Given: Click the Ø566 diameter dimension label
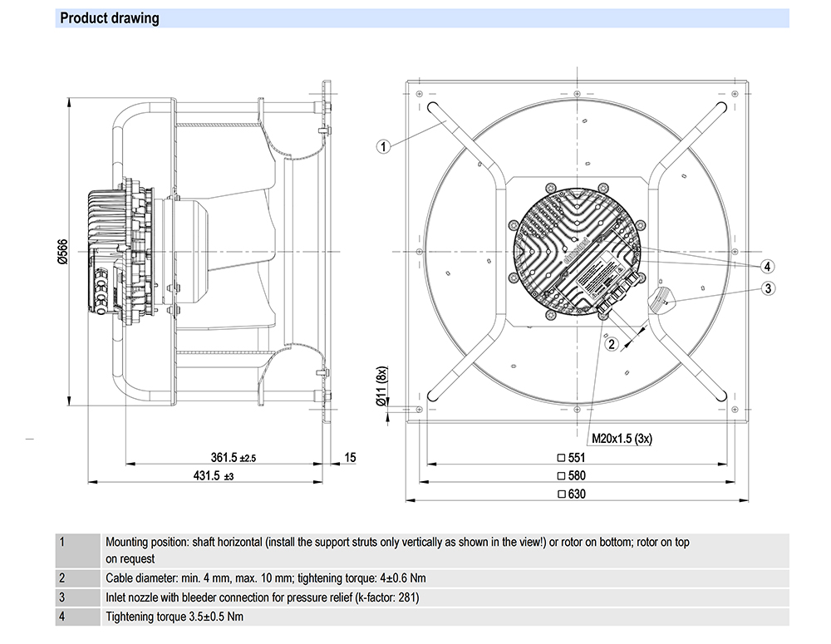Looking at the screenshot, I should [x=61, y=249].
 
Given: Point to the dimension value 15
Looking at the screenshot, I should [x=350, y=457].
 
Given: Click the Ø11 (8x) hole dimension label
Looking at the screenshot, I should [x=383, y=386].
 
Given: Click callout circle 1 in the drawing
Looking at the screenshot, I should [x=383, y=147].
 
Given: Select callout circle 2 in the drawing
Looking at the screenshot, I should [x=611, y=343].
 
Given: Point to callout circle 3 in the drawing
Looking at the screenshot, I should [x=768, y=288].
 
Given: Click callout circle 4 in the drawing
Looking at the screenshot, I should [x=768, y=266].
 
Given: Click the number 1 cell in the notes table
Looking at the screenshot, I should [x=62, y=543].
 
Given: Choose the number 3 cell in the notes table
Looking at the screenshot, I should [x=62, y=597].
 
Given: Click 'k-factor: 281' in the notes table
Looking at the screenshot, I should [x=383, y=597].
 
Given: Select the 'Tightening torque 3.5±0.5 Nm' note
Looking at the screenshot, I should [x=175, y=617].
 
